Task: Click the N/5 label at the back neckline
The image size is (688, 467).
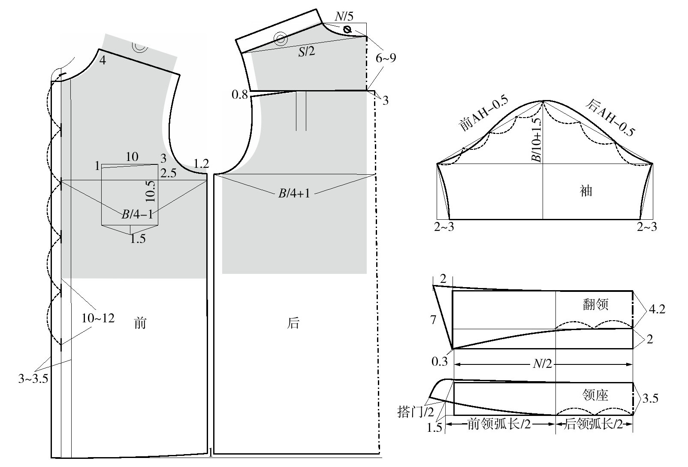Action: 344,16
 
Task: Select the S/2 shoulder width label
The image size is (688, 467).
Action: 307,52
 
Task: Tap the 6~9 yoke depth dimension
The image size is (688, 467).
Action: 386,58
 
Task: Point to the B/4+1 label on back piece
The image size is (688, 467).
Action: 294,194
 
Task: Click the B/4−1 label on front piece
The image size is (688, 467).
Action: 137,214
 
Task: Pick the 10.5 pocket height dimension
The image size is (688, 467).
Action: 150,191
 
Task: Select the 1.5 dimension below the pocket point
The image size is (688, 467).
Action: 138,239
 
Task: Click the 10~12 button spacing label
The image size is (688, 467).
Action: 98,318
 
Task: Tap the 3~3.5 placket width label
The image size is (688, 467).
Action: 33,379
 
